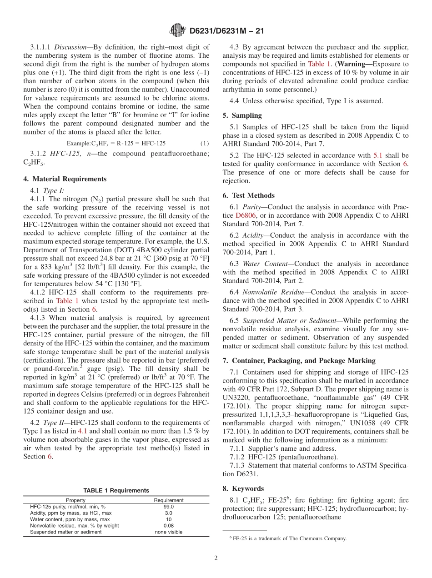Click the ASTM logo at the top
pos(177,30)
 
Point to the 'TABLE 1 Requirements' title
pos(116,490)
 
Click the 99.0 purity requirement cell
pos(168,507)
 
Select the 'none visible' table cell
pos(168,532)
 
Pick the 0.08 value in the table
pos(168,526)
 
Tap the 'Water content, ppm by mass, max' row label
pos(70,519)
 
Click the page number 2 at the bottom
pos(216,558)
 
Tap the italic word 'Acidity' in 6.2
pos(252,235)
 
